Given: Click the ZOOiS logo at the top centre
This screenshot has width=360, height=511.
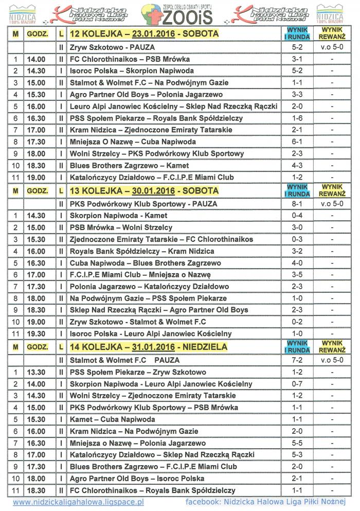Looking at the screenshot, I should pos(179,15).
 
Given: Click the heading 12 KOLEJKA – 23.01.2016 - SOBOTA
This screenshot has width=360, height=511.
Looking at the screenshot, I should pos(145,34).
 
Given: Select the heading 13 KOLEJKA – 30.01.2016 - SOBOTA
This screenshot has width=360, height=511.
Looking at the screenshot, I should pos(145,191).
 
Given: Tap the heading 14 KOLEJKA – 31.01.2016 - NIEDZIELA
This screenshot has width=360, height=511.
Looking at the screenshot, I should pos(149,347).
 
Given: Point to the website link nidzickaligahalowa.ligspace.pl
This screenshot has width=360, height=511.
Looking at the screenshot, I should pos(78,502).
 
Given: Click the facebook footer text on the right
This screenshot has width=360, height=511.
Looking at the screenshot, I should pos(265,502).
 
